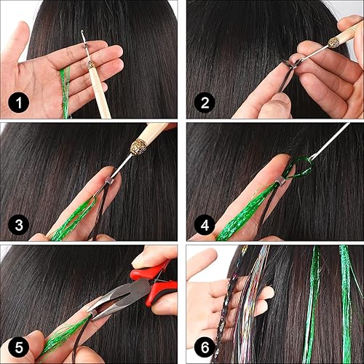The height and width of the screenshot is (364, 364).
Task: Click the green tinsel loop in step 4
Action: [299, 171]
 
